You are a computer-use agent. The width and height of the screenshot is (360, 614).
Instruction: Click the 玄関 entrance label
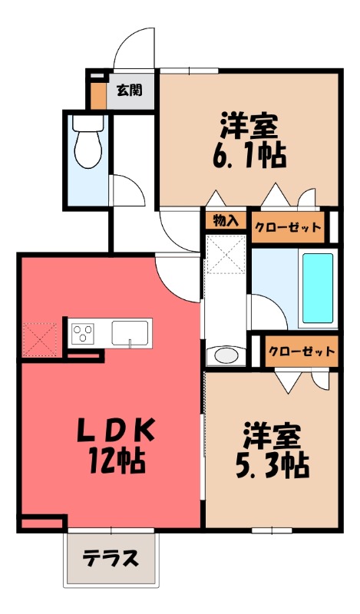[128, 90]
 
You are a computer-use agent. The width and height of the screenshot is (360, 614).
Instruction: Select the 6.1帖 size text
[249, 156]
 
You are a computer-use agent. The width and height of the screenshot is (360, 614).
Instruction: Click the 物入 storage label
[225, 220]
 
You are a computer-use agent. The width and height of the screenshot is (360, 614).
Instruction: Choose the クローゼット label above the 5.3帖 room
[302, 352]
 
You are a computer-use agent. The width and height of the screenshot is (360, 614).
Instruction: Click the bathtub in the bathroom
[318, 288]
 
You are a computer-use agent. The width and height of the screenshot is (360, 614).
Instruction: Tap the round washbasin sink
[226, 355]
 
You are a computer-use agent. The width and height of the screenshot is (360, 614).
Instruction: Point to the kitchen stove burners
[82, 334]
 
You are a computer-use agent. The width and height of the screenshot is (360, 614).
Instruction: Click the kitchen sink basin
[131, 333]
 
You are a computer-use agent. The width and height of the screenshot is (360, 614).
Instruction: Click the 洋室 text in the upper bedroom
[249, 124]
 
